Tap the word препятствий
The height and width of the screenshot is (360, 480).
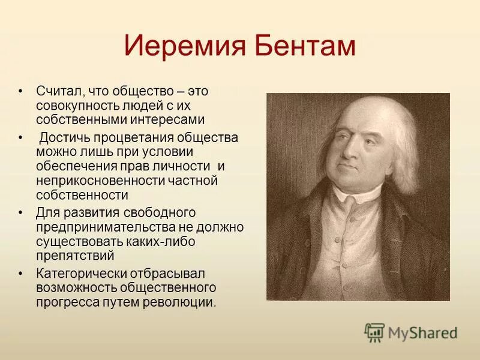[x=75, y=256]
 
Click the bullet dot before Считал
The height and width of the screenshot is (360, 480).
[x=21, y=91]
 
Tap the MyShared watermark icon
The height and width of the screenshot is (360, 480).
[x=374, y=332]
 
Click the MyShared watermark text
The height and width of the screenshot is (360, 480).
[x=422, y=332]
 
